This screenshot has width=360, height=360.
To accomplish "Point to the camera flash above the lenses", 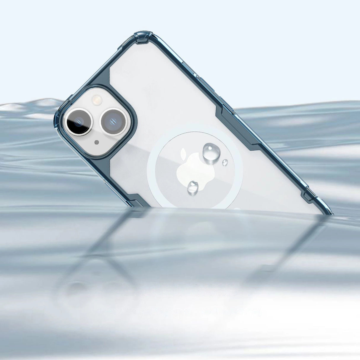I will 96,99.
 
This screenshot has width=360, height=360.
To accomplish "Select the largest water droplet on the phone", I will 211,152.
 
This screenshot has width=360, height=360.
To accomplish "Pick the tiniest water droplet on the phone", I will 225,162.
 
